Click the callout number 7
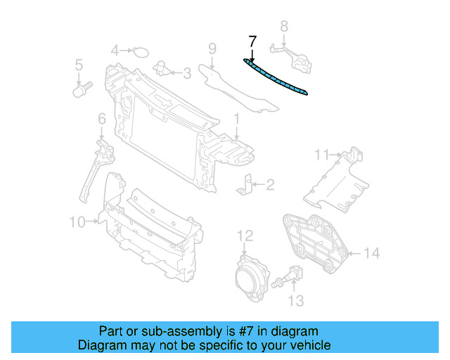(x=253, y=41)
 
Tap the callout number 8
(x=284, y=27)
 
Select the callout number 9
(x=212, y=49)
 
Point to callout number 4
(x=115, y=50)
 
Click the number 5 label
(x=79, y=65)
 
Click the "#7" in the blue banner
(x=256, y=331)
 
